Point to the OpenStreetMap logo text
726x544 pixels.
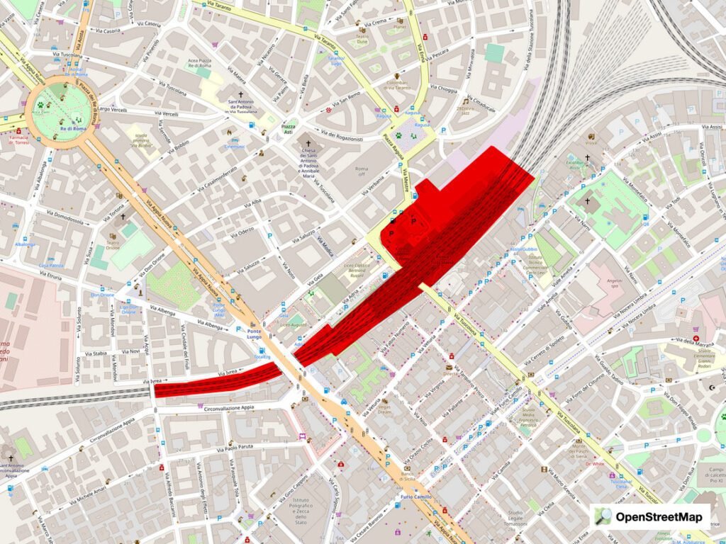[659, 516]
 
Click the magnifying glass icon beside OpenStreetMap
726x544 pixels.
[603, 516]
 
